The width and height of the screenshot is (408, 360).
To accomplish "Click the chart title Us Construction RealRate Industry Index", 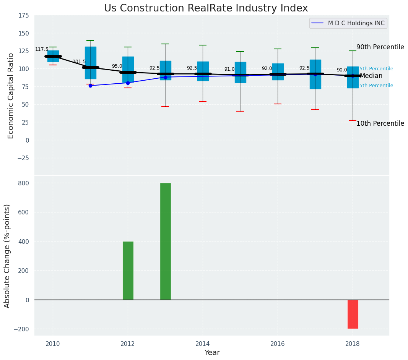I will pos(206,8).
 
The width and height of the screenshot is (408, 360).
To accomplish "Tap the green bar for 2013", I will pos(165,241).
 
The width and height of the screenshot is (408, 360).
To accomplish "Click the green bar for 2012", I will pos(128,271).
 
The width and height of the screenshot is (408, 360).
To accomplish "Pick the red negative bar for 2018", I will pos(353,314).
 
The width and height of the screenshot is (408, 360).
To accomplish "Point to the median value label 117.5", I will pos(42,50).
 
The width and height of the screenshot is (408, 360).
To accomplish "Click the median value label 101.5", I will pos(79,62).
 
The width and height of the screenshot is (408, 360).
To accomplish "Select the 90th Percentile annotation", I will pos(380,47).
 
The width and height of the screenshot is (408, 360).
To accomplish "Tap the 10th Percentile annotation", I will pos(380,124).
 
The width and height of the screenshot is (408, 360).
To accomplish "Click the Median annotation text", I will pos(371,76).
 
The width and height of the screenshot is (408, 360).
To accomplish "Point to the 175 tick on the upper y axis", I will pos(23,16).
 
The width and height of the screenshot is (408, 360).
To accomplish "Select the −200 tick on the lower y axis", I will pos(22,329).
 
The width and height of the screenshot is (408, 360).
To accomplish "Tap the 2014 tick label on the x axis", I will pos(203,344).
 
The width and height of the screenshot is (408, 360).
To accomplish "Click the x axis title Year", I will pos(212,353).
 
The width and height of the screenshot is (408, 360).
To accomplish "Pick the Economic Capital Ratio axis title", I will pos(11,96).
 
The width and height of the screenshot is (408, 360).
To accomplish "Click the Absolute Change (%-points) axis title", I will pos(7,256).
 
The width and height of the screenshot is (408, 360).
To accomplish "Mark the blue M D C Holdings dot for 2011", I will pos(90,86).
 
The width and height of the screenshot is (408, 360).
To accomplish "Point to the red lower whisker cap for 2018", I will pos(353,120).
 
